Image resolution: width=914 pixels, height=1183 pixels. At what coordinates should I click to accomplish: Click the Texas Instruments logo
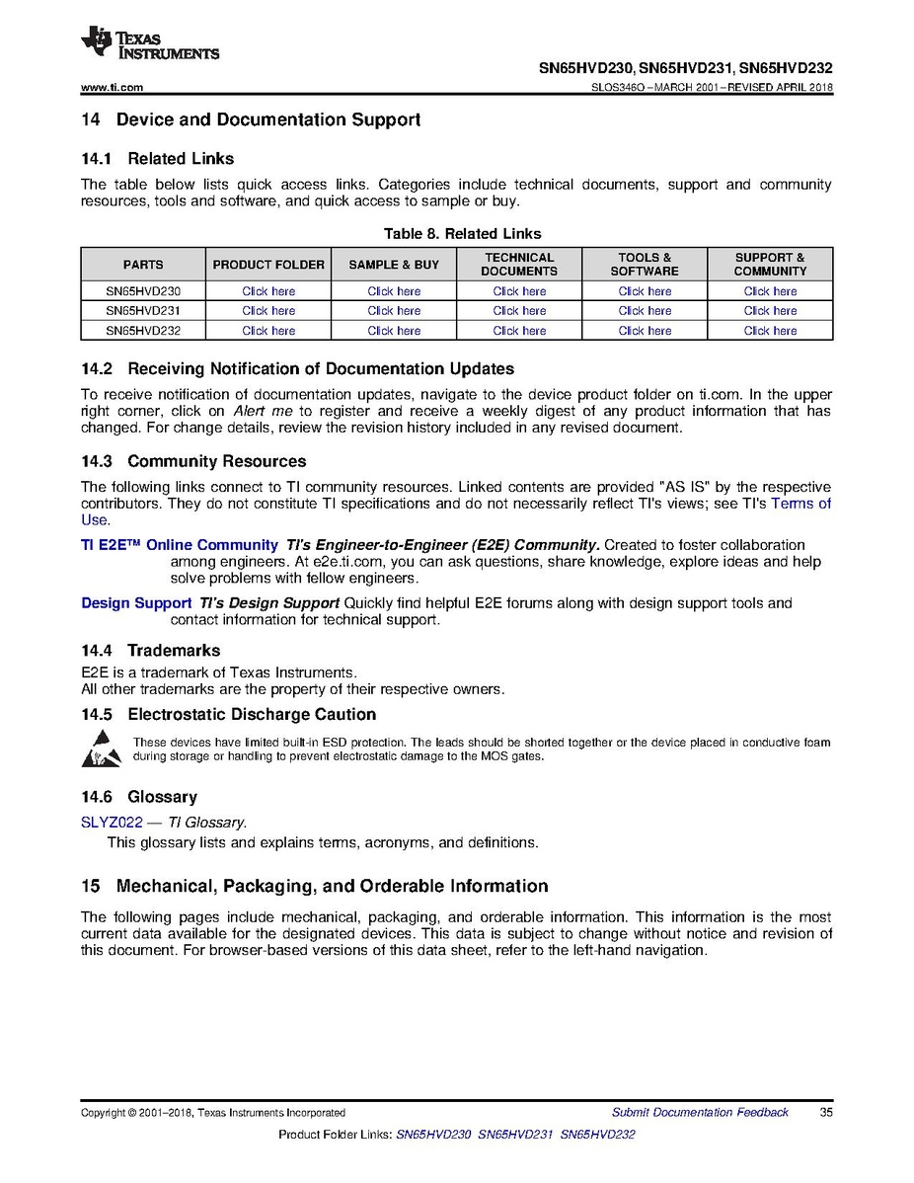click(150, 43)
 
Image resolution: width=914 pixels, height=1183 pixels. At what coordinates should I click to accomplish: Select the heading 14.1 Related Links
click(157, 158)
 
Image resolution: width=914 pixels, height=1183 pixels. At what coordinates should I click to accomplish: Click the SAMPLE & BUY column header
click(394, 265)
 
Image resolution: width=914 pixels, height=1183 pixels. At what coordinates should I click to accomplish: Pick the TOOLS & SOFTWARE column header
click(645, 265)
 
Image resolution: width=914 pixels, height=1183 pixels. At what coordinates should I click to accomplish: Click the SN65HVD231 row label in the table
click(143, 311)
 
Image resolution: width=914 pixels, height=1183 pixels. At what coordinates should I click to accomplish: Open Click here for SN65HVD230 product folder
click(268, 291)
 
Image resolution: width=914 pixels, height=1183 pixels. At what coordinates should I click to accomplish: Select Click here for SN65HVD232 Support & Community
click(770, 331)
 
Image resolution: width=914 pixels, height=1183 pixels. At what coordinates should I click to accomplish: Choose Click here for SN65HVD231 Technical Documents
click(519, 311)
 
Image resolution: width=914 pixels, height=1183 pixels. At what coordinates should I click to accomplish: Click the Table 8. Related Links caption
click(457, 234)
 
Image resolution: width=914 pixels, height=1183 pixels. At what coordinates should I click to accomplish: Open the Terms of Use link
click(800, 504)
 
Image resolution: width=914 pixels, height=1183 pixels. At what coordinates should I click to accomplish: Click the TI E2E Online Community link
click(180, 545)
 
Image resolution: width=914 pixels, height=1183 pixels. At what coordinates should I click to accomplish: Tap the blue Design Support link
click(136, 603)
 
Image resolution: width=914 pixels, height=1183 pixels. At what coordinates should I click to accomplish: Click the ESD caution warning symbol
click(102, 749)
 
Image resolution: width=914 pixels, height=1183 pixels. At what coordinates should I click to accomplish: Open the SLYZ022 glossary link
click(112, 822)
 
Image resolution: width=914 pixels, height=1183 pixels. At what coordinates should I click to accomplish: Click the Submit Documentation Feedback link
click(700, 1113)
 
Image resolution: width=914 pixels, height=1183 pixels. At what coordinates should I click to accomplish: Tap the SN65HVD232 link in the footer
click(597, 1135)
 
